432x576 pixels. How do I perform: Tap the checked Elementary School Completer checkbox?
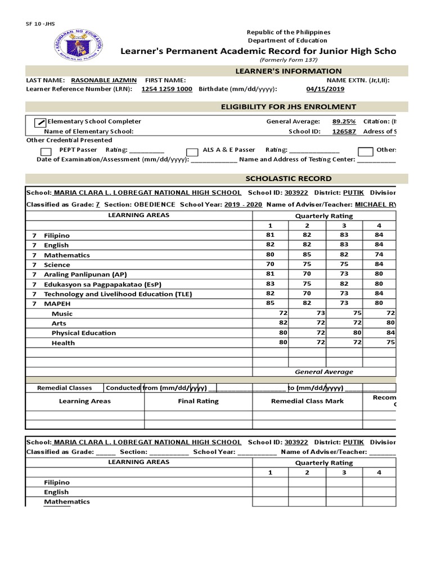[40, 122]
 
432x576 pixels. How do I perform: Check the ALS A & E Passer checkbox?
[192, 151]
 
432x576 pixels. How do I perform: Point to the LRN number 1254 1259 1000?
[166, 89]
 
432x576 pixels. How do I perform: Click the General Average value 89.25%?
[343, 121]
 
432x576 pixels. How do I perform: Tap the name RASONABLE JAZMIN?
[103, 80]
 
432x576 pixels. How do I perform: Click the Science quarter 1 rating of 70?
[271, 264]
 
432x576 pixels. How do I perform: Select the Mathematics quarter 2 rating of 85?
[307, 255]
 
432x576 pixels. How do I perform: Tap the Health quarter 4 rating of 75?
[390, 342]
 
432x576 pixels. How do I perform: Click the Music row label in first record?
[62, 313]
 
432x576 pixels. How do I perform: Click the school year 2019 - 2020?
[243, 205]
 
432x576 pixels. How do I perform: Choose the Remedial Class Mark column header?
[307, 401]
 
